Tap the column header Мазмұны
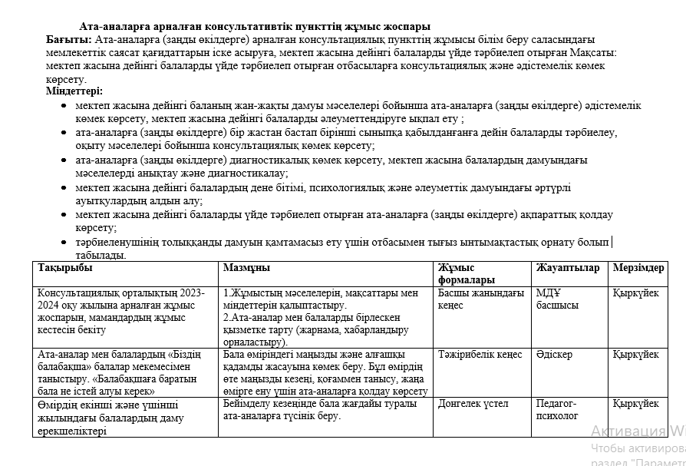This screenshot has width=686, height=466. (x=246, y=269)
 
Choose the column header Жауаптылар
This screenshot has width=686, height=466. (x=568, y=269)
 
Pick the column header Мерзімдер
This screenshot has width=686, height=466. (x=638, y=269)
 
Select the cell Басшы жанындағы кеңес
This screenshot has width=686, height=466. (x=480, y=299)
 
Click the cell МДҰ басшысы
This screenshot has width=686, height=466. (x=557, y=299)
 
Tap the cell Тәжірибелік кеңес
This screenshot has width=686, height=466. (x=480, y=355)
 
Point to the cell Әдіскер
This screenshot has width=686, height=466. (x=554, y=355)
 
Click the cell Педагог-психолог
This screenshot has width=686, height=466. (x=557, y=410)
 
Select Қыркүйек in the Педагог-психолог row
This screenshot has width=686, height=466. (x=635, y=404)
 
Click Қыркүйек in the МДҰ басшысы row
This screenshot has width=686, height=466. (x=635, y=293)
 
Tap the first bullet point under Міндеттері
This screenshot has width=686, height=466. (x=63, y=106)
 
